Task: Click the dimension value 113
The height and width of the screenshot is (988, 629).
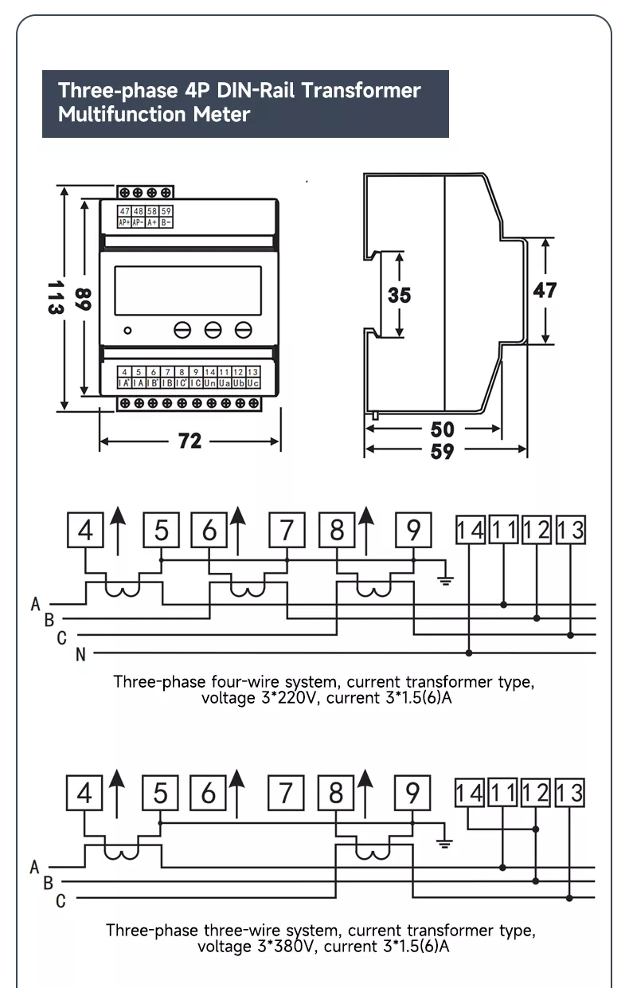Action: tap(54, 296)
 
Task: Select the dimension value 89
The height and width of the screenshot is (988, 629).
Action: tap(84, 299)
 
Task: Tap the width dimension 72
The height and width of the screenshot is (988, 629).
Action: tap(189, 441)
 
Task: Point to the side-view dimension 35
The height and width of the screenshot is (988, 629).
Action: tap(399, 295)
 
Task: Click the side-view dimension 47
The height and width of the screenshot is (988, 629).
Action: tap(545, 290)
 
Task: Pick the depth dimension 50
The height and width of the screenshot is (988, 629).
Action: tap(442, 429)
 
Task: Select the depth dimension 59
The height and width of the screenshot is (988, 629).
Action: tap(442, 451)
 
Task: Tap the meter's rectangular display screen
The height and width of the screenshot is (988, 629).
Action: tap(188, 290)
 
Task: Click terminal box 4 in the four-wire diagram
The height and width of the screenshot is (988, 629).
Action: tap(85, 530)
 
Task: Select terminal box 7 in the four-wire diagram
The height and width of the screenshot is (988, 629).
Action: tap(286, 530)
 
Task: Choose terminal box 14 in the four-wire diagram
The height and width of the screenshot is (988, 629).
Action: tap(470, 530)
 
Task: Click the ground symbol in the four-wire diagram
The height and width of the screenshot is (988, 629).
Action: tap(446, 578)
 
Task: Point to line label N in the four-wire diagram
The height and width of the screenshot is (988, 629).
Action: tap(80, 655)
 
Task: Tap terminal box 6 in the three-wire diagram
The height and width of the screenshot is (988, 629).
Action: tap(209, 793)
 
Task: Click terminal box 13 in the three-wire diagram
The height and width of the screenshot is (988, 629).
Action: tap(570, 793)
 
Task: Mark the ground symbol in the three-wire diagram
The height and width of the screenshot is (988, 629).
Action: tap(446, 841)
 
